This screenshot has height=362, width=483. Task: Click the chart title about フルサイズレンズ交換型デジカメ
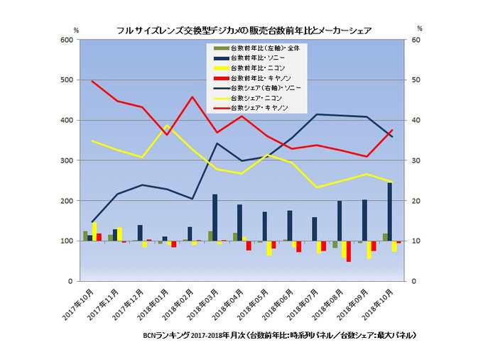click(x=244, y=30)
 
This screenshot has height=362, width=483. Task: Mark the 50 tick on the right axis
click(x=418, y=80)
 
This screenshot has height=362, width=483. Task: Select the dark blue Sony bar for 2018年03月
click(x=215, y=218)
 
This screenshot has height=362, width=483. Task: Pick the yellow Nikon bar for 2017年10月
click(x=94, y=232)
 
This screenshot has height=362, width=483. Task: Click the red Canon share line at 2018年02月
click(x=192, y=97)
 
